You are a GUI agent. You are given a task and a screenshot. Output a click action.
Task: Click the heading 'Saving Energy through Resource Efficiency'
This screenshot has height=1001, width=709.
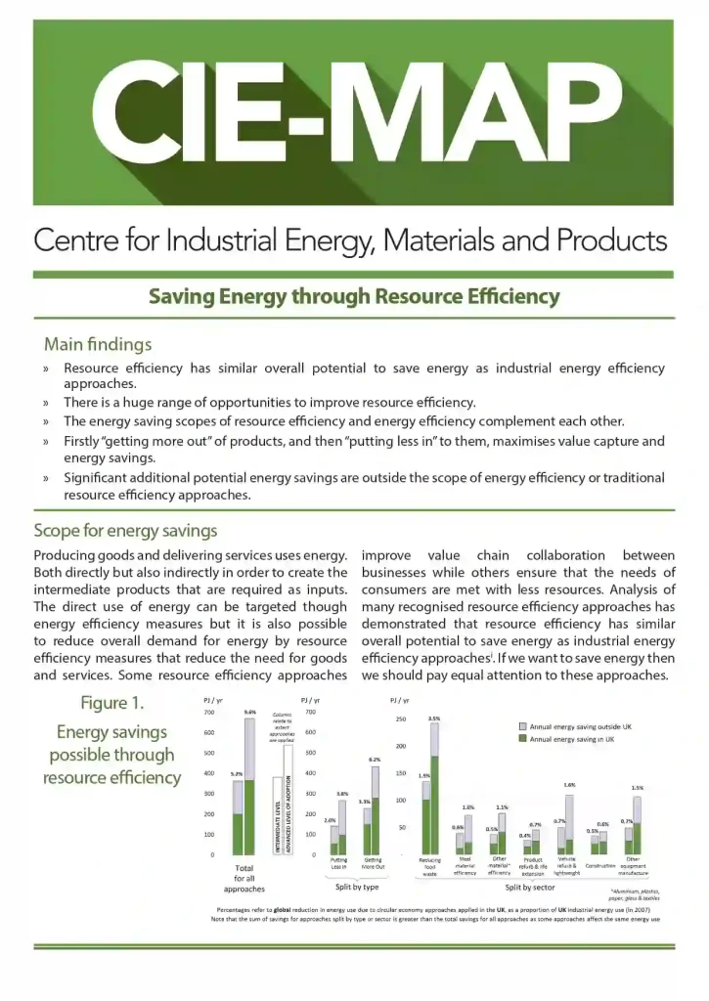[x=354, y=296]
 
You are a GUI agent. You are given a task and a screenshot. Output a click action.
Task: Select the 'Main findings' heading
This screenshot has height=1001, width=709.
[x=97, y=344]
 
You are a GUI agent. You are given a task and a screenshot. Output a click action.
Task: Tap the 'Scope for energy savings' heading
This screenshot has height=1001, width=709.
[x=125, y=531]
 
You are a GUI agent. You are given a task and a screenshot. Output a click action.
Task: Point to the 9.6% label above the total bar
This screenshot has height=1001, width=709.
[x=249, y=713]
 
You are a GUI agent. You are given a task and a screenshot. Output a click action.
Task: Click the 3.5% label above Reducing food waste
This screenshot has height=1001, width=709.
[x=434, y=718]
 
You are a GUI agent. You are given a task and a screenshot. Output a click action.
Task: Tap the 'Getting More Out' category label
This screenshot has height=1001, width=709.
[x=373, y=864]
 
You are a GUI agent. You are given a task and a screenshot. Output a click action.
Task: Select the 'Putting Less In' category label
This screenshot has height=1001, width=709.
[x=338, y=864]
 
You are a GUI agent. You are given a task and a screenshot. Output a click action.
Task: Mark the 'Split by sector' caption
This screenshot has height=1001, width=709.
[x=529, y=888]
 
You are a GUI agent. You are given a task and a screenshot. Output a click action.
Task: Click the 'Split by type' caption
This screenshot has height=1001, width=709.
[x=357, y=887]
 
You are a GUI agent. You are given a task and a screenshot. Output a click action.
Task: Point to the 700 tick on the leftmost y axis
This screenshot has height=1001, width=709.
[x=208, y=713]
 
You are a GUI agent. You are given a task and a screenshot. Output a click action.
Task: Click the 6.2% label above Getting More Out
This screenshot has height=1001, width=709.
[x=375, y=760]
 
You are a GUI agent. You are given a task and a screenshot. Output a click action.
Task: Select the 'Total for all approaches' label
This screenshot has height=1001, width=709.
[x=244, y=878]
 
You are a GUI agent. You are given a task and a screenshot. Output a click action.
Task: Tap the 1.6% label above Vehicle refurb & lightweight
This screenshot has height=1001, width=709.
[x=569, y=785]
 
